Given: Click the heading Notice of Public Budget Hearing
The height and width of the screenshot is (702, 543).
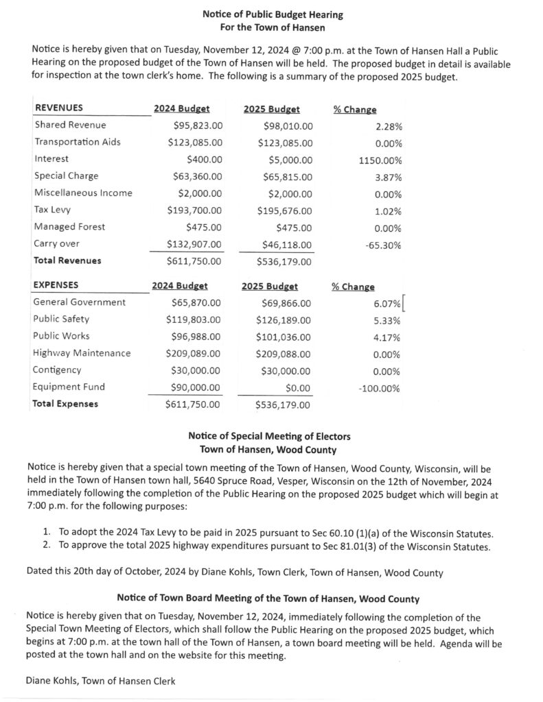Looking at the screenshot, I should [x=273, y=14].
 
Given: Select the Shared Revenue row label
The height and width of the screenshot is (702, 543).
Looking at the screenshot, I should [x=70, y=125].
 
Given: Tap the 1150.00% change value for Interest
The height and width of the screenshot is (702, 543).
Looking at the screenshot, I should [x=380, y=160].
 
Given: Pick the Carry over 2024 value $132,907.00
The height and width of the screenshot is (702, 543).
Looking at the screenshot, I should [x=195, y=244].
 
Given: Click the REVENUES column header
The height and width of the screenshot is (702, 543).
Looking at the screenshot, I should [x=59, y=108].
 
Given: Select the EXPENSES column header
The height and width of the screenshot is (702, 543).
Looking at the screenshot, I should [x=56, y=285].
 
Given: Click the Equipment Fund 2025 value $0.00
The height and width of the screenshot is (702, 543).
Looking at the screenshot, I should [x=297, y=388].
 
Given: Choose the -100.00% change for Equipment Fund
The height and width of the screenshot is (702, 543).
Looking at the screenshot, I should [x=379, y=389].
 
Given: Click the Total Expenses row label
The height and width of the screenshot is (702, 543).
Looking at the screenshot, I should [x=65, y=404].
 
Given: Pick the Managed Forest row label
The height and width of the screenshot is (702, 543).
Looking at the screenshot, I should [x=69, y=227].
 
